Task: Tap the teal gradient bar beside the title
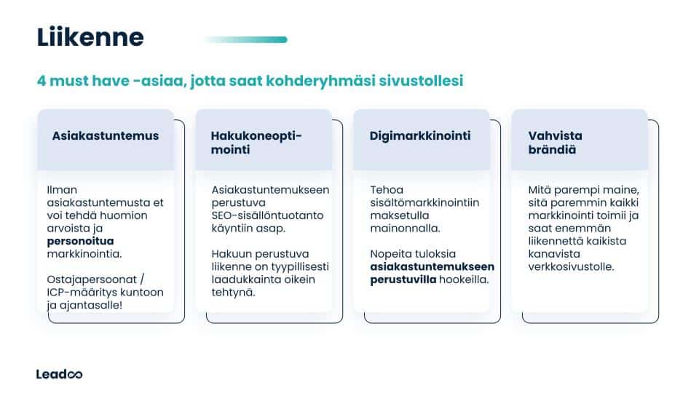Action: click(x=245, y=39)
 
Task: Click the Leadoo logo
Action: click(x=59, y=374)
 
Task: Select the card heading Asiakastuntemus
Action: click(x=106, y=136)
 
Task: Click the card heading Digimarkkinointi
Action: click(x=420, y=136)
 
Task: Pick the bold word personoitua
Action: click(x=81, y=240)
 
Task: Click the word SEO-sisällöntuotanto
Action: click(x=267, y=215)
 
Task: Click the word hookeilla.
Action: click(x=463, y=279)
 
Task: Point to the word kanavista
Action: click(x=553, y=254)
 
